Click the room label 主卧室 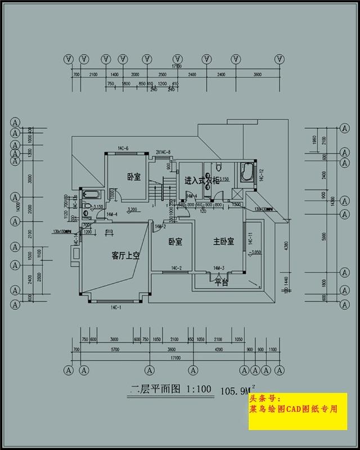pyautogui.click(x=223, y=242)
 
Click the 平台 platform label pyautogui.click(x=221, y=282)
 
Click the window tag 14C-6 pyautogui.click(x=123, y=148)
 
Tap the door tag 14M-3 pyautogui.click(x=219, y=268)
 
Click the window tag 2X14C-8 pyautogui.click(x=163, y=152)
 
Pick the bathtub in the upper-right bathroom pyautogui.click(x=247, y=172)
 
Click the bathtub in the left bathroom pyautogui.click(x=91, y=195)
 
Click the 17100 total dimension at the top pyautogui.click(x=177, y=65)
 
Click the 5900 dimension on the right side pyautogui.click(x=323, y=238)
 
